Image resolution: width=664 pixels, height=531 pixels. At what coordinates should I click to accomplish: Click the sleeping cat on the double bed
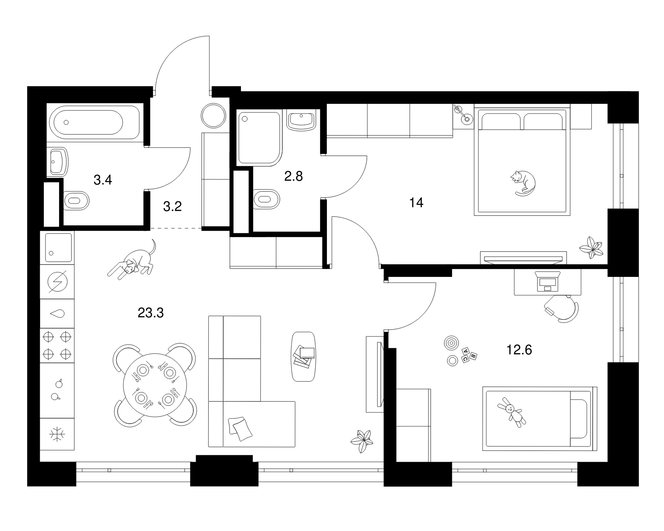522,183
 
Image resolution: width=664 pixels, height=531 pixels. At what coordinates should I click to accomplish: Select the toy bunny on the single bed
512,412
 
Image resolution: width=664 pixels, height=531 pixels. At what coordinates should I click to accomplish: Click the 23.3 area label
151,313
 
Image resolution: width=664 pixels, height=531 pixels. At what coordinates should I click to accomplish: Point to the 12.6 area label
519,350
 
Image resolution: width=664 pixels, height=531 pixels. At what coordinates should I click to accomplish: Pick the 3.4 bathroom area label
103,180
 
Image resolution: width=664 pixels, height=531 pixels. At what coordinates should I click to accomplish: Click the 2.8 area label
293,176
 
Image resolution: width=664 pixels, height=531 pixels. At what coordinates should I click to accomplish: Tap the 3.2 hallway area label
172,206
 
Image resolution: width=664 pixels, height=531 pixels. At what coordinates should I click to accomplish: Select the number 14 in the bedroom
416,203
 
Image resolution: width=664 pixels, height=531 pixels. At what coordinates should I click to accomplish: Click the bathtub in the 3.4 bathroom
93,122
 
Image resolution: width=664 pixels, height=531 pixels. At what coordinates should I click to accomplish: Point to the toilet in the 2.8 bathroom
267,199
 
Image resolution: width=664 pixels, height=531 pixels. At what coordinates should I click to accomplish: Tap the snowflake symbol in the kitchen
57,434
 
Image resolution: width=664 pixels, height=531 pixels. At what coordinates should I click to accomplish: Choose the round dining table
155,385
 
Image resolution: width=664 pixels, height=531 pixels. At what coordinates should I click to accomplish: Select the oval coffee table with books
304,356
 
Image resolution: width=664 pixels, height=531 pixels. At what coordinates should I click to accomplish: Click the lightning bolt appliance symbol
57,282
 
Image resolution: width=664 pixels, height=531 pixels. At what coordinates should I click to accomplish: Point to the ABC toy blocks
469,355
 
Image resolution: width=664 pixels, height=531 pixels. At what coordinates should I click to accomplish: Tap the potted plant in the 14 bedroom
591,247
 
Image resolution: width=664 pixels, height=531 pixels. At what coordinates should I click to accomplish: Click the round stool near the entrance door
214,116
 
